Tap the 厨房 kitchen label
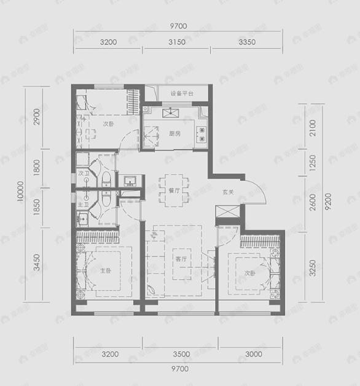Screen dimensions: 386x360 pyautogui.click(x=174, y=133)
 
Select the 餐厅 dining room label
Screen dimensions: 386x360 pyautogui.click(x=173, y=191)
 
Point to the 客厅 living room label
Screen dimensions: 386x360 pyautogui.click(x=180, y=259)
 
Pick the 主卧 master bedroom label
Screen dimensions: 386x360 pyautogui.click(x=106, y=270)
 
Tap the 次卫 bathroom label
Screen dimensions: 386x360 pyautogui.click(x=84, y=174)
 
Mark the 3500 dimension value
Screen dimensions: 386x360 pyautogui.click(x=182, y=354)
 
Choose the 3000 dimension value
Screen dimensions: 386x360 pyautogui.click(x=252, y=354)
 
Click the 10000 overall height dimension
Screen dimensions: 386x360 pyautogui.click(x=20, y=192)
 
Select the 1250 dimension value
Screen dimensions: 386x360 pyautogui.click(x=312, y=163)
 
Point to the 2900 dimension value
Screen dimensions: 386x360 pyautogui.click(x=37, y=116)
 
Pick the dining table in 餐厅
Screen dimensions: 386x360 pyautogui.click(x=170, y=183)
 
